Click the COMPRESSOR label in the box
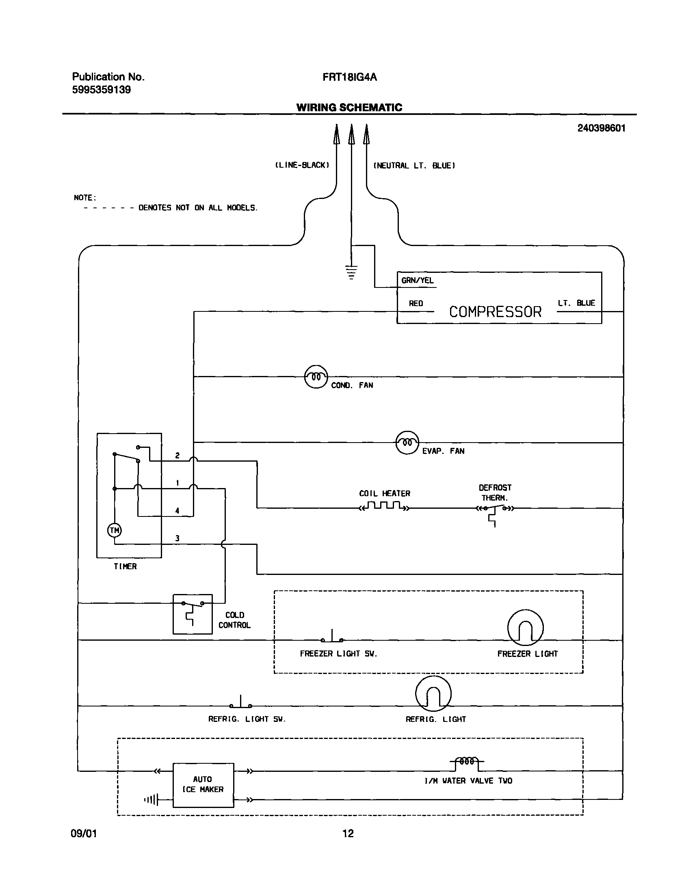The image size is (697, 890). click(495, 312)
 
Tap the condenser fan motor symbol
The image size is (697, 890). click(316, 377)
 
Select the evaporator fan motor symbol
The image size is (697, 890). click(407, 442)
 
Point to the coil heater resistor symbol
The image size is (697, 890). click(383, 506)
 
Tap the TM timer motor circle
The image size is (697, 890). click(114, 530)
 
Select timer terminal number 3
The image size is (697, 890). click(177, 538)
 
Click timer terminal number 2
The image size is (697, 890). click(177, 456)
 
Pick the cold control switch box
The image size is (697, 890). click(193, 614)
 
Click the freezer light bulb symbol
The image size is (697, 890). click(525, 628)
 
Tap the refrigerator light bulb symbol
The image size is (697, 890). click(433, 694)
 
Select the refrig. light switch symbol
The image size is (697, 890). click(240, 704)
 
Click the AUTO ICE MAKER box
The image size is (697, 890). click(203, 785)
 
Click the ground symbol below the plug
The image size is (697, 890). click(351, 272)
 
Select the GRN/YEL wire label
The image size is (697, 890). click(417, 281)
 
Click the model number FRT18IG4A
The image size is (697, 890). click(349, 78)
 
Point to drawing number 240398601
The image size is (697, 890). click(601, 128)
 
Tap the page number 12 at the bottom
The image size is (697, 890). click(348, 833)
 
